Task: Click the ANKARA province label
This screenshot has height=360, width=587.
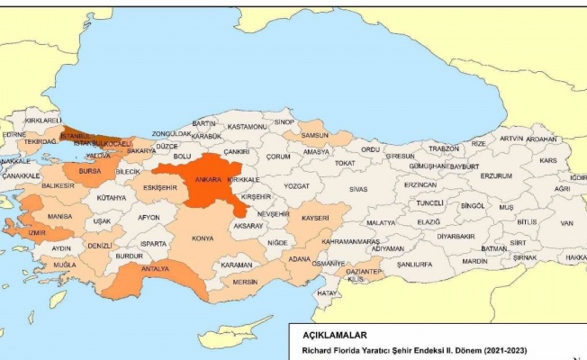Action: pyautogui.click(x=210, y=179)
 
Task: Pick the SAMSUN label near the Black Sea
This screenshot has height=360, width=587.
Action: pyautogui.click(x=314, y=135)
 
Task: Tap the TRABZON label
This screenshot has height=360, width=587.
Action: pyautogui.click(x=444, y=148)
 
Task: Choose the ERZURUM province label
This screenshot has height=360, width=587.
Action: pyautogui.click(x=495, y=175)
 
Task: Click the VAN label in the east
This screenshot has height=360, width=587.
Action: pyautogui.click(x=566, y=222)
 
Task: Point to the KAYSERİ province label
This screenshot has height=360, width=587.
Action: pyautogui.click(x=314, y=219)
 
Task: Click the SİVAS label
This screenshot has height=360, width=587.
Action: pyautogui.click(x=358, y=190)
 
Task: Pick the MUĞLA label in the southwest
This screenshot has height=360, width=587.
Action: pyautogui.click(x=64, y=265)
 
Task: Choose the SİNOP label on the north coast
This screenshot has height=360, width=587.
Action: pyautogui.click(x=284, y=121)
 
